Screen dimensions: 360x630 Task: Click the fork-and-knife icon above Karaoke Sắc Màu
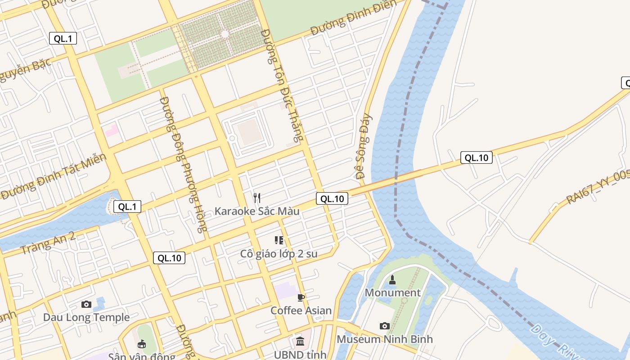tap(257, 198)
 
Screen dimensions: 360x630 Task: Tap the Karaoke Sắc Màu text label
tap(257, 211)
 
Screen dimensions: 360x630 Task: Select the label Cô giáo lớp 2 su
tap(279, 254)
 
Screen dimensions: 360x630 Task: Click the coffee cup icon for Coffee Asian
tap(301, 297)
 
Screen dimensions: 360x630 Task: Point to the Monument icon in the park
tap(392, 280)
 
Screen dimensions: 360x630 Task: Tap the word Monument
tap(392, 293)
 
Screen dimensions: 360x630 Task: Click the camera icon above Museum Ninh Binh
tap(385, 326)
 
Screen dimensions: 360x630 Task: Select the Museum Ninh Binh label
tap(385, 339)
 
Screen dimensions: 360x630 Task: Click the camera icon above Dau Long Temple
tap(86, 305)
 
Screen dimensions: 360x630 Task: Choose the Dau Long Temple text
tap(86, 318)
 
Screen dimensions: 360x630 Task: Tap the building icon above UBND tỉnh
tap(300, 342)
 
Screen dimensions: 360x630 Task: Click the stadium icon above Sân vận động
tap(142, 344)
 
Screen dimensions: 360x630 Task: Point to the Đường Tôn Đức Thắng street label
tap(283, 85)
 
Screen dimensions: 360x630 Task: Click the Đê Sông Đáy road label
tap(364, 146)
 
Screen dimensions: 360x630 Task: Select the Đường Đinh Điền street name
tap(354, 18)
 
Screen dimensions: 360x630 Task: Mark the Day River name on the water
tap(556, 342)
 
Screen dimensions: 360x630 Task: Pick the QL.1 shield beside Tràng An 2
tap(127, 207)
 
